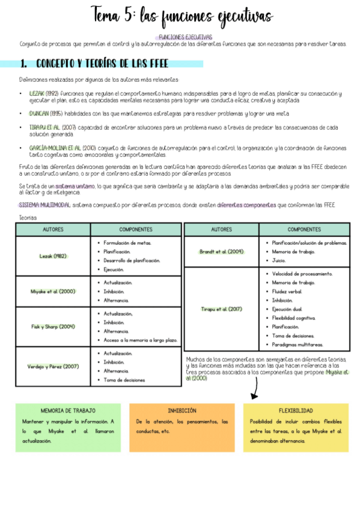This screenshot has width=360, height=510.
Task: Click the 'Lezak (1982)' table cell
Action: [53, 256]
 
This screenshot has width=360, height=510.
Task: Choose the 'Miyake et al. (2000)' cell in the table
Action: [53, 291]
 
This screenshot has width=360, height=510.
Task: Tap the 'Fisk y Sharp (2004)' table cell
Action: [53, 327]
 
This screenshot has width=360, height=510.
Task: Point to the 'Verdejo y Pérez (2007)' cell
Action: [53, 366]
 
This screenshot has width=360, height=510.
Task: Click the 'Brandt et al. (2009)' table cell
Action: [221, 251]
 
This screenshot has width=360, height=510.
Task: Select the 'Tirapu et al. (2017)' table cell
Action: [221, 309]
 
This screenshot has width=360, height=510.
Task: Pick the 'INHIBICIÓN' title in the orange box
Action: [182, 411]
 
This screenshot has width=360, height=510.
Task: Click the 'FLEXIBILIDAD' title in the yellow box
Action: [296, 411]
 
